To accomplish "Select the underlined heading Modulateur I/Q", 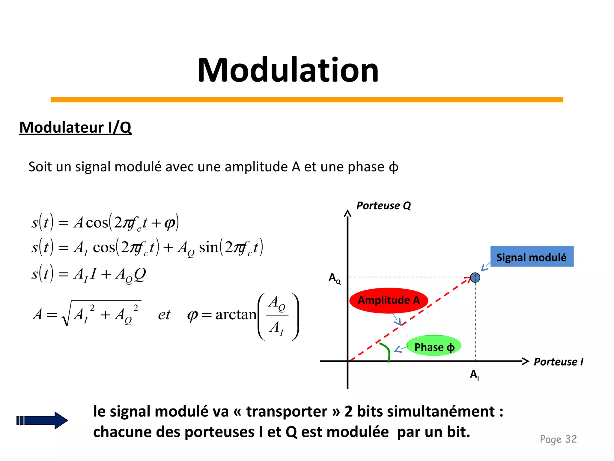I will (75, 127).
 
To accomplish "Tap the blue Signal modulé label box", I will (532, 257).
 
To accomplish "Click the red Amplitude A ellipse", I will (389, 300).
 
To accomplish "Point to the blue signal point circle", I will (475, 277).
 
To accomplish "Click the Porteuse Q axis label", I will (383, 206).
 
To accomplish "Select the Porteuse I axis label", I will (558, 362).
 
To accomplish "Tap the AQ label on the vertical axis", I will (335, 278).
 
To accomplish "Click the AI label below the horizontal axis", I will (474, 375).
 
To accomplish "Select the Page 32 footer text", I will (558, 439).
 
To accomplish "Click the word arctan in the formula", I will (236, 314).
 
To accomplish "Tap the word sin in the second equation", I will (208, 247).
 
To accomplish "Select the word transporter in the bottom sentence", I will (286, 411).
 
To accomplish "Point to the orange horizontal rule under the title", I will (307, 100).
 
